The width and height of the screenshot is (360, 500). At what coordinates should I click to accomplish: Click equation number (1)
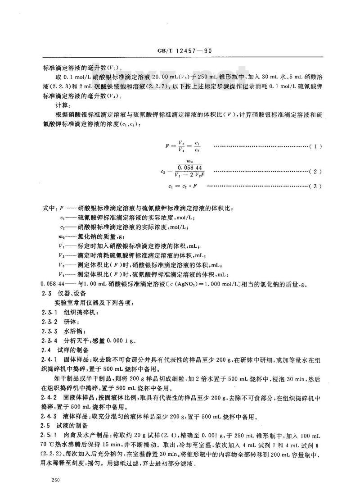coord(315,147)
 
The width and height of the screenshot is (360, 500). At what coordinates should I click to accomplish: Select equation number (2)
coord(315,171)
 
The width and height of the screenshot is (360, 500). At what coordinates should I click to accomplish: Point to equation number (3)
coord(315,186)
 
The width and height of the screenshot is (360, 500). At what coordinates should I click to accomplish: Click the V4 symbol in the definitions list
coord(62,274)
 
